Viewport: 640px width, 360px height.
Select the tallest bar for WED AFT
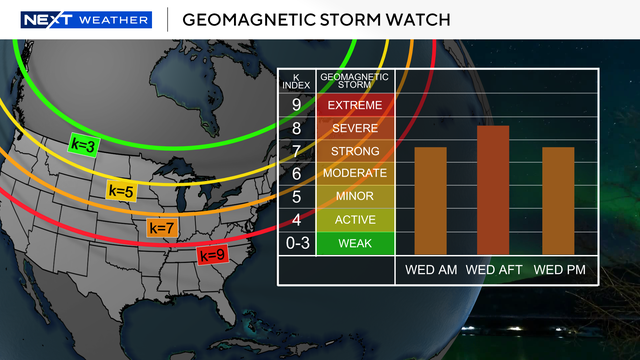pyautogui.click(x=493, y=190)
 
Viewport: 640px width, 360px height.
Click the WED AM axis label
pyautogui.click(x=431, y=270)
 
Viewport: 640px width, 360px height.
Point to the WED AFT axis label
pyautogui.click(x=494, y=270)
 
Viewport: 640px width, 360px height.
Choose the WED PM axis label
pyautogui.click(x=558, y=270)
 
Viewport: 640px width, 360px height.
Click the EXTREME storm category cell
pyautogui.click(x=354, y=105)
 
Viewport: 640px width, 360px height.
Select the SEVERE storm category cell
pyautogui.click(x=354, y=128)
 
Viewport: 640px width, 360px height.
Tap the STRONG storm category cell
pyautogui.click(x=354, y=151)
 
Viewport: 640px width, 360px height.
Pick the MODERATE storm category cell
pyautogui.click(x=354, y=174)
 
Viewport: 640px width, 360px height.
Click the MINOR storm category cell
pyautogui.click(x=354, y=197)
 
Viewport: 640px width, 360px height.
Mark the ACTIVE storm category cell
pyautogui.click(x=354, y=220)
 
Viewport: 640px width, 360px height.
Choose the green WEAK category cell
pyautogui.click(x=354, y=243)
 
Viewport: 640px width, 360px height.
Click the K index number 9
pyautogui.click(x=296, y=105)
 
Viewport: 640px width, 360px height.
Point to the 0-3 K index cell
pyautogui.click(x=296, y=243)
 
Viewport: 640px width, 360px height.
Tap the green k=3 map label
pyautogui.click(x=83, y=144)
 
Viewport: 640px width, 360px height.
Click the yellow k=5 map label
pyautogui.click(x=121, y=189)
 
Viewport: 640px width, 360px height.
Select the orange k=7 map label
pyautogui.click(x=162, y=228)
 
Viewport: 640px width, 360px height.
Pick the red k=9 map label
pyautogui.click(x=211, y=254)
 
